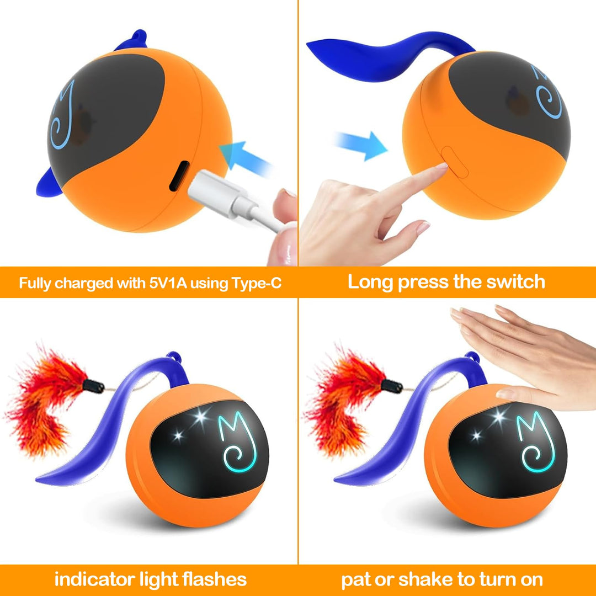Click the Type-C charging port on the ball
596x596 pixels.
pyautogui.click(x=175, y=177)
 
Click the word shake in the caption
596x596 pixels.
pyautogui.click(x=424, y=579)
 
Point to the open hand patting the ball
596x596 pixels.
pyautogui.click(x=530, y=353)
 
